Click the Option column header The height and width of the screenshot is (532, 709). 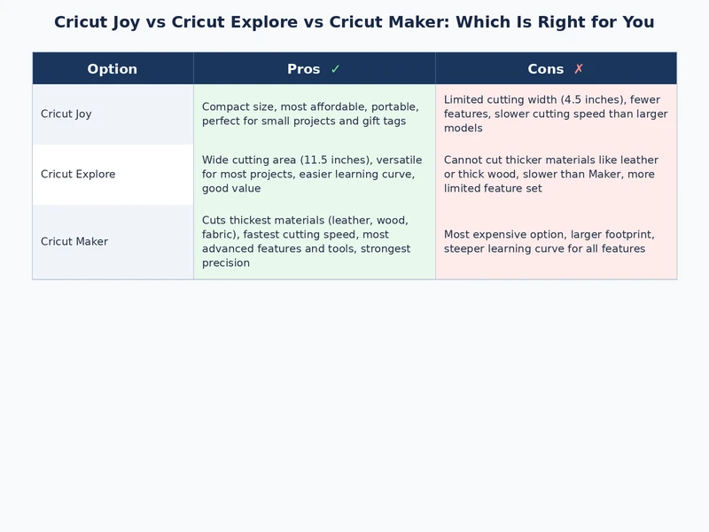click(113, 69)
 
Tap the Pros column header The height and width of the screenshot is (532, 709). click(304, 69)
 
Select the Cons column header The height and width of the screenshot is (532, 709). click(546, 69)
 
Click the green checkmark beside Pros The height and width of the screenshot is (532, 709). click(335, 69)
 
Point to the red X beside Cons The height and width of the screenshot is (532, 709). click(579, 69)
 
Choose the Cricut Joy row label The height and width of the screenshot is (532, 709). click(66, 113)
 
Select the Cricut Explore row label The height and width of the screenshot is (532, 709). click(78, 174)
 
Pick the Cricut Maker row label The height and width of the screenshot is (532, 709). click(74, 241)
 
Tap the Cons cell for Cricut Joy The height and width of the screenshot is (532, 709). click(556, 113)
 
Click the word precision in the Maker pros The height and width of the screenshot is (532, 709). click(226, 262)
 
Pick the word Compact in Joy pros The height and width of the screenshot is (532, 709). click(226, 106)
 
